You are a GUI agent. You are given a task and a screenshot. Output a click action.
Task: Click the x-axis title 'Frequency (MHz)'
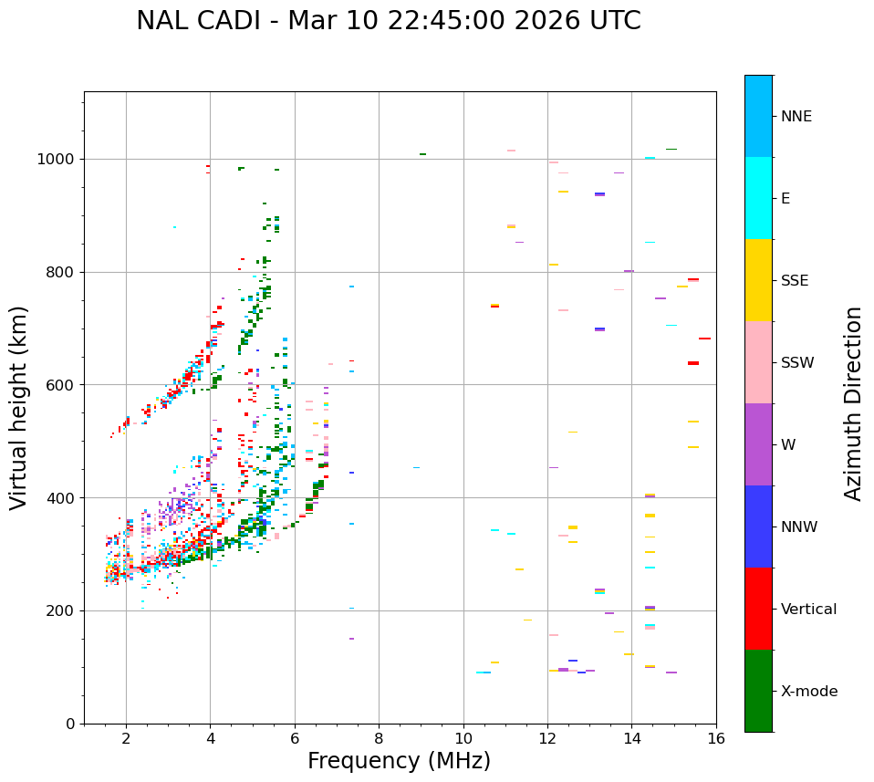[399, 761]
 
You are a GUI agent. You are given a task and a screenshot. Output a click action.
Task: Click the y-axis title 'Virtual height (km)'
[19, 408]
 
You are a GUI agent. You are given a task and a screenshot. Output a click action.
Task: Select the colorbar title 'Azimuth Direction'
[853, 403]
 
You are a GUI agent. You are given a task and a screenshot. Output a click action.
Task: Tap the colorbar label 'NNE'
[796, 117]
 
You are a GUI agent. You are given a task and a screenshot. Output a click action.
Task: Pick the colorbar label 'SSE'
[795, 281]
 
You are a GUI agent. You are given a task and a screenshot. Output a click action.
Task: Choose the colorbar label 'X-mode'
[809, 692]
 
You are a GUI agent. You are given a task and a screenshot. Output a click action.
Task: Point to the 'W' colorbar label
[787, 445]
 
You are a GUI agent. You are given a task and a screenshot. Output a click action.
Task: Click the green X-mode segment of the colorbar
[758, 691]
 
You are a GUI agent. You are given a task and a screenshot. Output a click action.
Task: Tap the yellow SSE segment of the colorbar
[758, 280]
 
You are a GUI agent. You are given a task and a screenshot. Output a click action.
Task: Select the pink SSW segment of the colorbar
[758, 362]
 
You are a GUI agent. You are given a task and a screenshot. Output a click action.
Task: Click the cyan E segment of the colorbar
[758, 198]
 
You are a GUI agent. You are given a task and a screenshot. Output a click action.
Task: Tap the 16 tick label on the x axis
[716, 739]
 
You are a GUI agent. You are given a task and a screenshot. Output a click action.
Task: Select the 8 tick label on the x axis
[379, 739]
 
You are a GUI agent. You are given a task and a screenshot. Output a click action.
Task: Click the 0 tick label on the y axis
[71, 724]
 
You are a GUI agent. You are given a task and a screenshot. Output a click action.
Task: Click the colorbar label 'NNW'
[799, 527]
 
